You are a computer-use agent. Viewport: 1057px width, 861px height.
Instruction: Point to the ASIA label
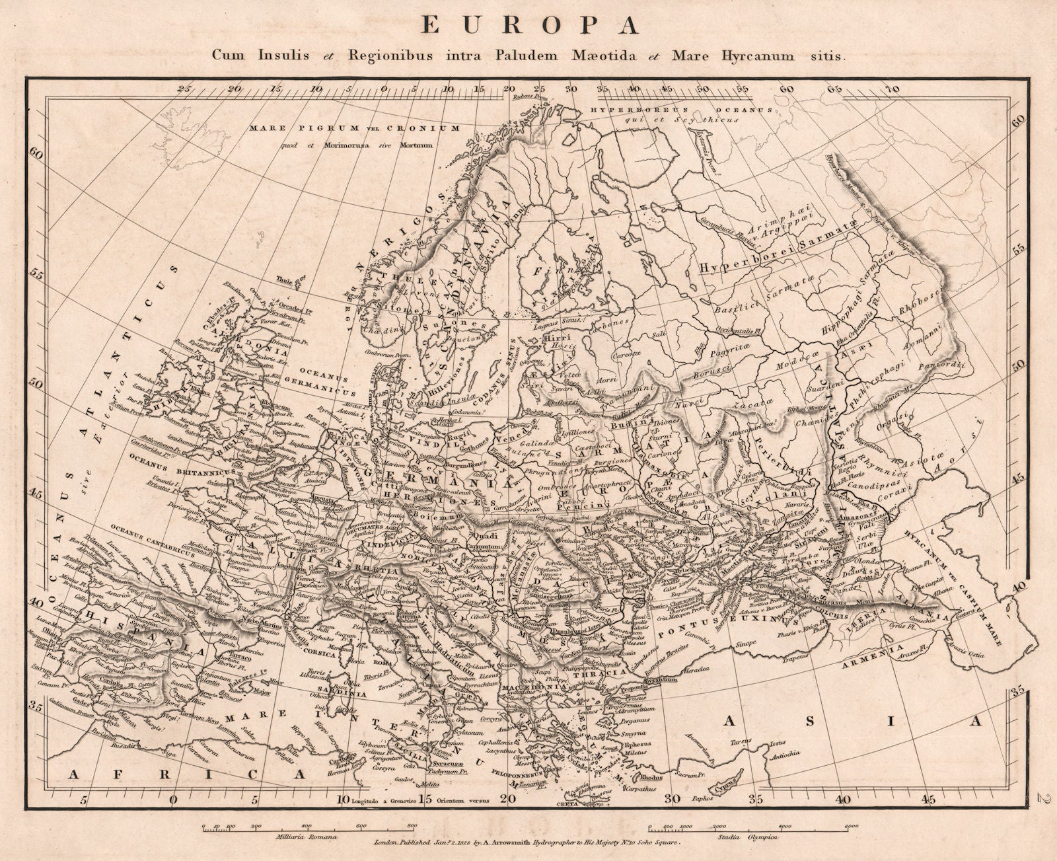852,722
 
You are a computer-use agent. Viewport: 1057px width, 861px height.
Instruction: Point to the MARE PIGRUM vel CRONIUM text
354,128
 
